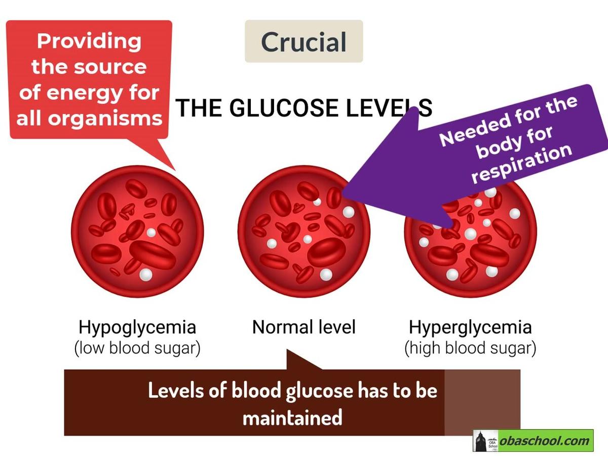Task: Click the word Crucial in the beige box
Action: [x=303, y=42]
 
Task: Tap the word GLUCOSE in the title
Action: [x=281, y=108]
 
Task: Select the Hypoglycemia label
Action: [x=137, y=327]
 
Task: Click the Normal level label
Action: [x=303, y=327]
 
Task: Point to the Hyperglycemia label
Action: [x=470, y=327]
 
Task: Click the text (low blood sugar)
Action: [x=137, y=349]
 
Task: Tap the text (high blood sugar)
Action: [x=470, y=349]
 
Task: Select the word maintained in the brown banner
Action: [x=292, y=418]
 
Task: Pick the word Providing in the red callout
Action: [x=89, y=41]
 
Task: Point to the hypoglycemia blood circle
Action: [x=137, y=232]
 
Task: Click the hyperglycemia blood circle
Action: [x=470, y=238]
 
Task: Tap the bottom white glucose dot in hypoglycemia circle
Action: [x=146, y=275]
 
